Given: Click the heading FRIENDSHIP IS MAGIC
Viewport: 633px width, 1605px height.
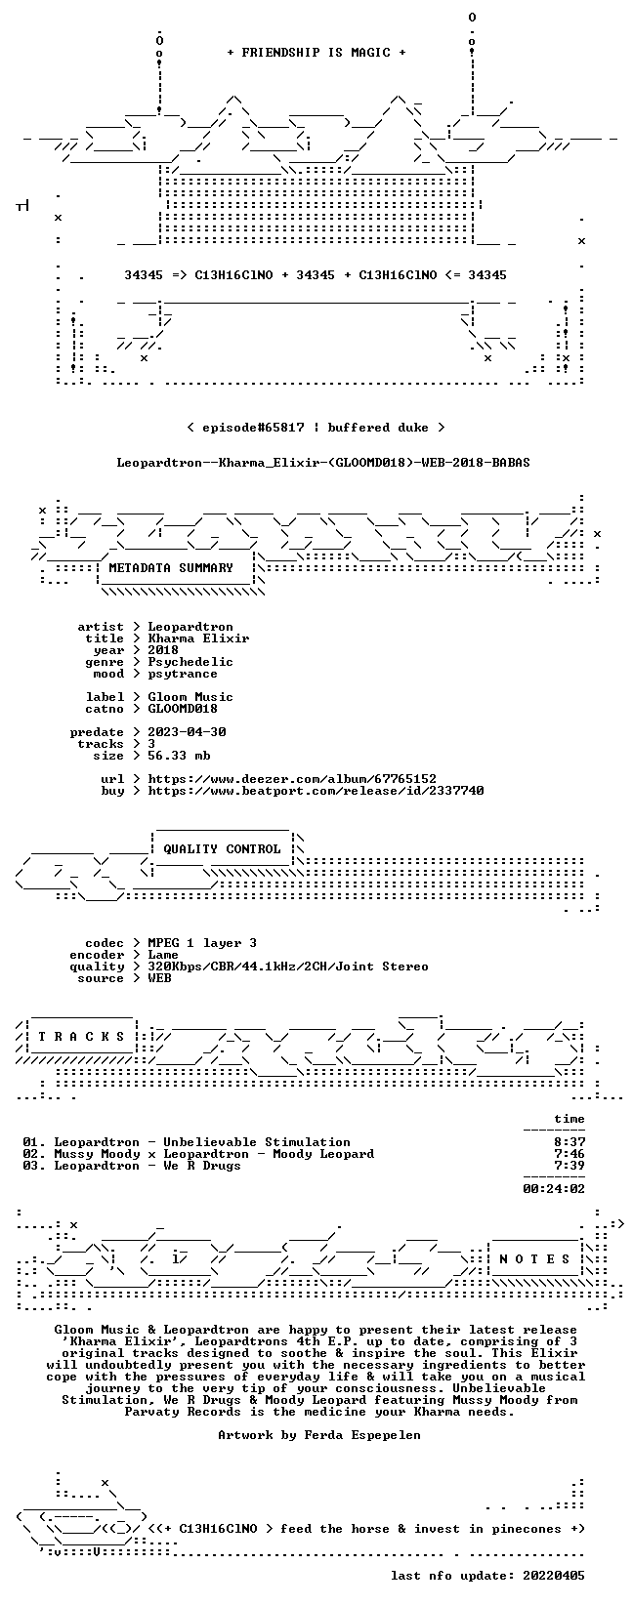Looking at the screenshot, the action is click(316, 53).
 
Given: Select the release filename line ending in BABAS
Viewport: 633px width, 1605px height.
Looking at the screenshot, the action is click(323, 463).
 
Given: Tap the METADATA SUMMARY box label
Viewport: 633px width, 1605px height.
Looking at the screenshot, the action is click(171, 568).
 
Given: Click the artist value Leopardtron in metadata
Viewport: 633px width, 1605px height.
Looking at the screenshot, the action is click(190, 627).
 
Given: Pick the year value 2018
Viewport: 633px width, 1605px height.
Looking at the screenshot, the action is click(163, 650).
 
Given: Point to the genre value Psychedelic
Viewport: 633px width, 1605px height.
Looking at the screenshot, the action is click(190, 662).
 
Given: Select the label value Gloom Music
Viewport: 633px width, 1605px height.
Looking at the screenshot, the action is click(190, 697).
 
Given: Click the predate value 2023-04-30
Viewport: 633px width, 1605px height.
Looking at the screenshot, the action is click(187, 732).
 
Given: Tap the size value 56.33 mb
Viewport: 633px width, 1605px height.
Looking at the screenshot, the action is click(179, 756).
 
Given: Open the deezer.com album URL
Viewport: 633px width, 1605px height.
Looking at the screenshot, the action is click(292, 779).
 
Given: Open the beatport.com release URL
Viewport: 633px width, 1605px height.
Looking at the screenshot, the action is click(316, 791).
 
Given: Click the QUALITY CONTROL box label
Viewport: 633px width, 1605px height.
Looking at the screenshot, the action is click(222, 849).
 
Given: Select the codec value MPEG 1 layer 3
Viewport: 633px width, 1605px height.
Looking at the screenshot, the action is click(202, 943).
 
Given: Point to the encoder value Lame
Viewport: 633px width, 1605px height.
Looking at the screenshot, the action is click(163, 955).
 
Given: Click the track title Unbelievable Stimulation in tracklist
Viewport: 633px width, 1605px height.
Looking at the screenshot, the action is click(257, 1142).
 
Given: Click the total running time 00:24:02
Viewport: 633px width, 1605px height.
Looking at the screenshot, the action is click(554, 1189).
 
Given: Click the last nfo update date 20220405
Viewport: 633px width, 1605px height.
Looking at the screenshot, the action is click(554, 1576).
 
